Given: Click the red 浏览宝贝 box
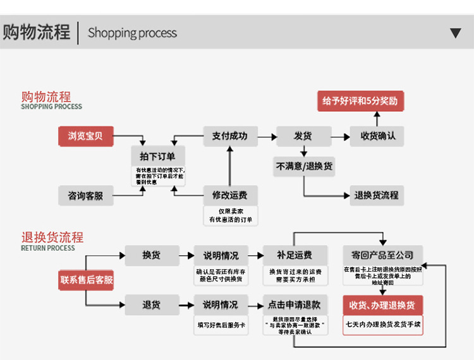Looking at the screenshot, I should (85, 136).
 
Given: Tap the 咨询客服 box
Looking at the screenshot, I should (85, 196).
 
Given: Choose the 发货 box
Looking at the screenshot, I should (303, 136).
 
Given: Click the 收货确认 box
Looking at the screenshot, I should (377, 136).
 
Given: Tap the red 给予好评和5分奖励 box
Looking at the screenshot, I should (360, 101).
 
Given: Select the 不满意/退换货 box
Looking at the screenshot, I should (304, 167).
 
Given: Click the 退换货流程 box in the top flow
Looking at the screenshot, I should (377, 195).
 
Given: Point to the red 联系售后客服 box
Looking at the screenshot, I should (87, 280).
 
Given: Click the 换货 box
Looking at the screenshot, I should (151, 255).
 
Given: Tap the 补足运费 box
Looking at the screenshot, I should (295, 255).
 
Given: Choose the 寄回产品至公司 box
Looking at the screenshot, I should (382, 255).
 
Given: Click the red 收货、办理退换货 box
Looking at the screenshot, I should (382, 305).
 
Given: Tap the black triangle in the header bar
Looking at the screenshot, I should (455, 33).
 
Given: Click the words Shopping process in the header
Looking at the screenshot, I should (132, 33).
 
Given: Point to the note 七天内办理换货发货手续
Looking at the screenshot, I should (383, 325).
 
